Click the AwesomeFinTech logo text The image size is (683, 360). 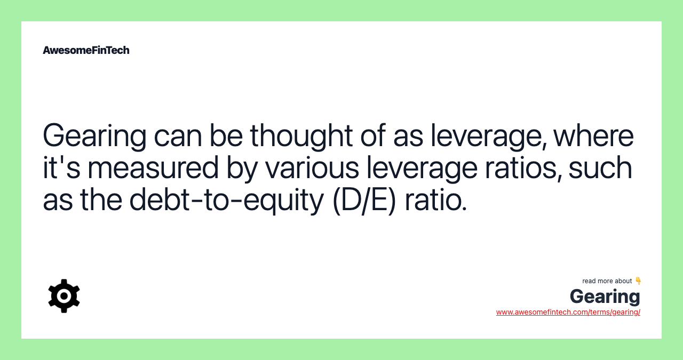pos(86,50)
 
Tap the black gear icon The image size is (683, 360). pos(64,296)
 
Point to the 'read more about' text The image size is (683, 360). pos(607,281)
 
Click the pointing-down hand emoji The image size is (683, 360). pos(638,281)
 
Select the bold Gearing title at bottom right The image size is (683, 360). pos(605,297)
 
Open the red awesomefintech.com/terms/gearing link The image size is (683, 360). pos(568,312)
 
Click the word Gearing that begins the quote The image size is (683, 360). pos(94,136)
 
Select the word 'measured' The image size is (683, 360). pos(153,167)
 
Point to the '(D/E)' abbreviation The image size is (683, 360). pos(364,199)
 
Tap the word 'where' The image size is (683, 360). pos(593,136)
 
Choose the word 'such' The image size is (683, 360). pos(600,167)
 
